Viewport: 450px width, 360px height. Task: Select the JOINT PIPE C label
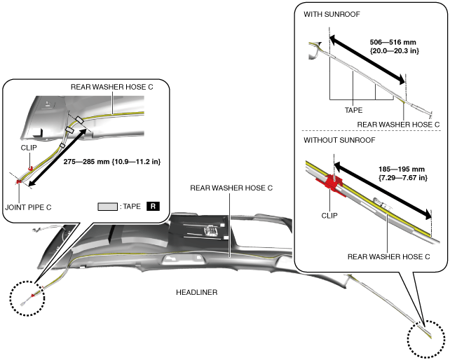28,207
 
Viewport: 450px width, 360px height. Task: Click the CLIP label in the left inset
28,148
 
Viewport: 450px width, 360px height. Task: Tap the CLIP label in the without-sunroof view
328,216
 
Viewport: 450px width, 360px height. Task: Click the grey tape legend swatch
107,207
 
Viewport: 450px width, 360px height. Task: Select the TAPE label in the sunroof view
353,110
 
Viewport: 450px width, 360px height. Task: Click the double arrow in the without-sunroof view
383,190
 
